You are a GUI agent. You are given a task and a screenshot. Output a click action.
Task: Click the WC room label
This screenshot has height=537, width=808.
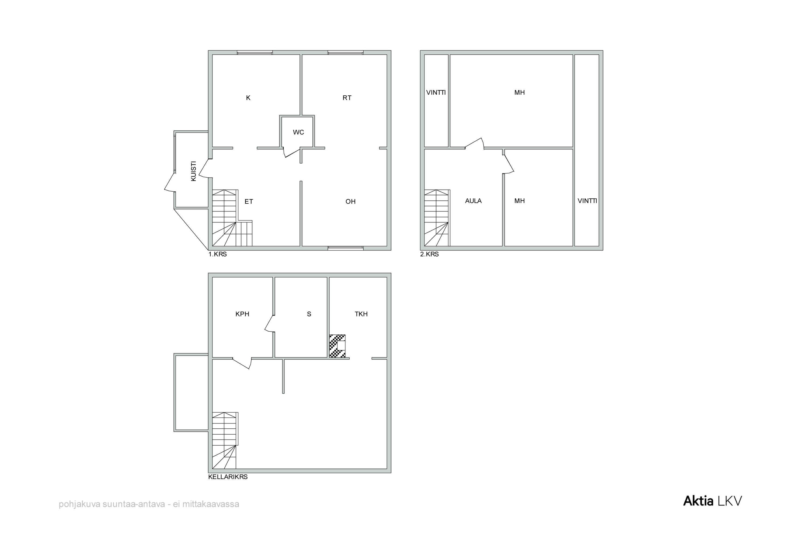click(298, 132)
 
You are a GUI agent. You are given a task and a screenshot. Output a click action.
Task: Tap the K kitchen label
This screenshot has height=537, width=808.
click(248, 98)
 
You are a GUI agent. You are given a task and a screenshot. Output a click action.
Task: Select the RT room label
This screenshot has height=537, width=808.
click(347, 98)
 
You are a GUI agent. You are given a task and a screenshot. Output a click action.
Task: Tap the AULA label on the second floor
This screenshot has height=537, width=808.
click(473, 201)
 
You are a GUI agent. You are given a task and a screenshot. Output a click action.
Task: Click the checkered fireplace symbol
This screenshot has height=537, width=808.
click(337, 346)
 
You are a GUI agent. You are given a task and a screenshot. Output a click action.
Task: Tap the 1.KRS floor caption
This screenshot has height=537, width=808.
click(218, 254)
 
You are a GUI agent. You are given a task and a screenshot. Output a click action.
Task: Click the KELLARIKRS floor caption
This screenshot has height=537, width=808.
click(228, 477)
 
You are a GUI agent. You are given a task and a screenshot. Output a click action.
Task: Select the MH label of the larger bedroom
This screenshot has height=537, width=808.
click(520, 92)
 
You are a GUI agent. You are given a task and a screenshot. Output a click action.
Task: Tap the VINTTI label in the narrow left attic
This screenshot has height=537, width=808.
click(436, 92)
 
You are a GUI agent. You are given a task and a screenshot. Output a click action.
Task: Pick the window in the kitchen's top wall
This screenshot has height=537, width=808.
click(255, 52)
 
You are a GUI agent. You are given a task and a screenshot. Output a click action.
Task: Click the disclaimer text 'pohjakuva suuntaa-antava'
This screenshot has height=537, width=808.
click(112, 504)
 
